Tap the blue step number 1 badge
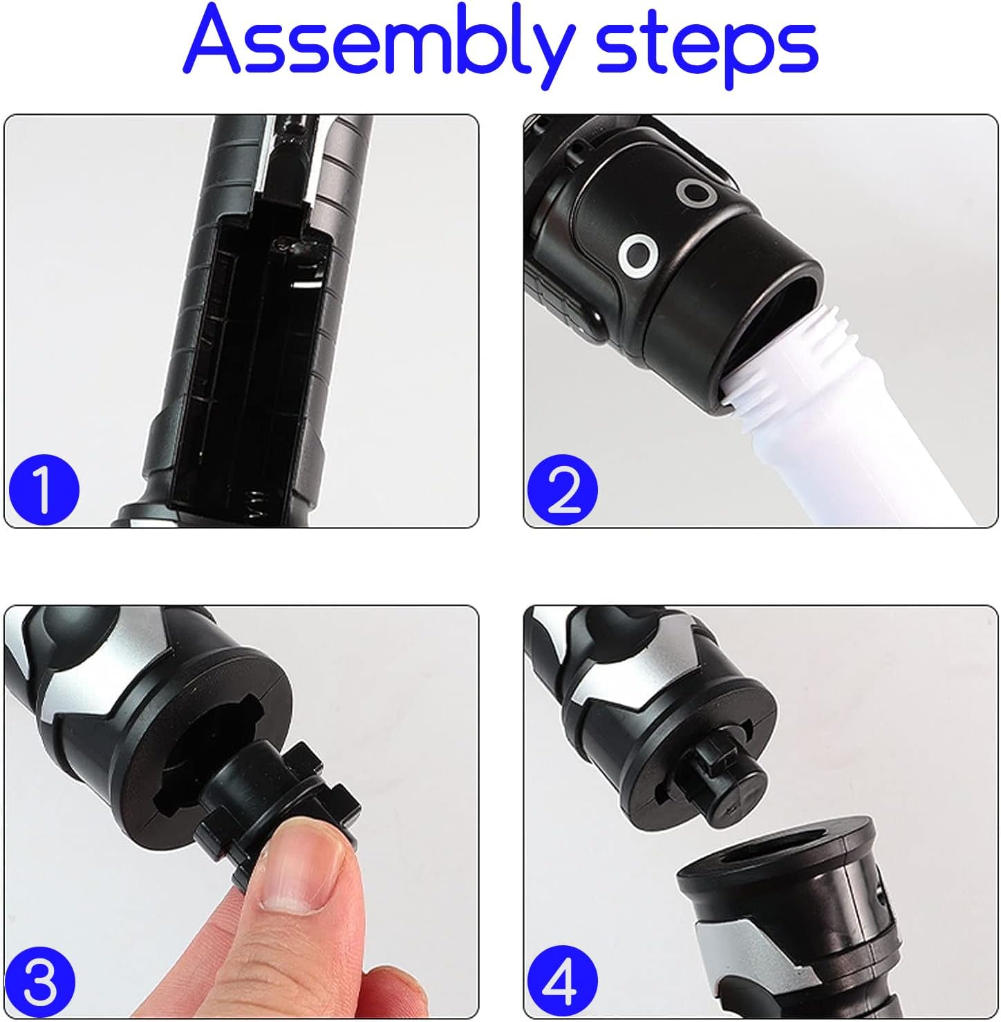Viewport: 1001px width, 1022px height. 44,490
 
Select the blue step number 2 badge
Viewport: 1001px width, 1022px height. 562,490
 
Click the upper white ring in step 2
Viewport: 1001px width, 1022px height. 698,193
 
